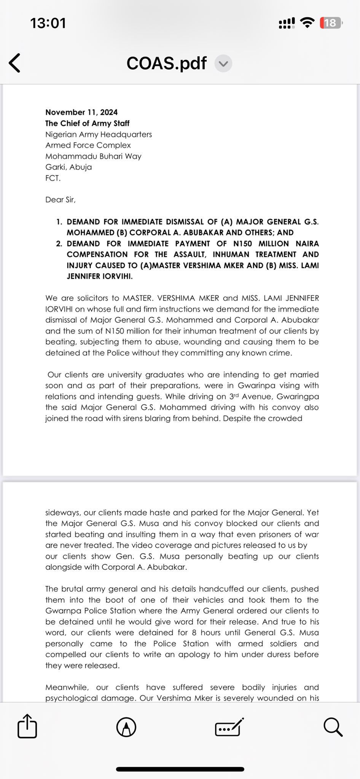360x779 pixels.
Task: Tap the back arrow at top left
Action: point(14,63)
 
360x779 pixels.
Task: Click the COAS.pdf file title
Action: point(166,63)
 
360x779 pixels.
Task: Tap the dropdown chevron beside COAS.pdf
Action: point(223,64)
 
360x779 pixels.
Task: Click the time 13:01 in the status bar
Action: point(48,23)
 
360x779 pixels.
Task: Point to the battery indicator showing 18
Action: point(330,23)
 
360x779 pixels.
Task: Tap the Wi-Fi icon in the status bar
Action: point(307,23)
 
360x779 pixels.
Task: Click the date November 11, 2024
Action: point(81,112)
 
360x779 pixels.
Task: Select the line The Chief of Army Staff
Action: point(87,123)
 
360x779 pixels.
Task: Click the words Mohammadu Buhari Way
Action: point(93,156)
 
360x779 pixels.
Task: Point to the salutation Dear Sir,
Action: point(60,200)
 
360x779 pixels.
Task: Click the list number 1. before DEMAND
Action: point(59,222)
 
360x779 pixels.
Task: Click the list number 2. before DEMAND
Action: point(59,243)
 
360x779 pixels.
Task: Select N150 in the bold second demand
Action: point(242,243)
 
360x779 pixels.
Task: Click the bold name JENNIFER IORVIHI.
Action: point(100,276)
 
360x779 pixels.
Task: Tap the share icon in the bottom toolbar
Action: point(27,727)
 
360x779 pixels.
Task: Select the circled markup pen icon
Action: point(126,727)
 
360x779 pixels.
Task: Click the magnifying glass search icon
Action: point(333,727)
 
